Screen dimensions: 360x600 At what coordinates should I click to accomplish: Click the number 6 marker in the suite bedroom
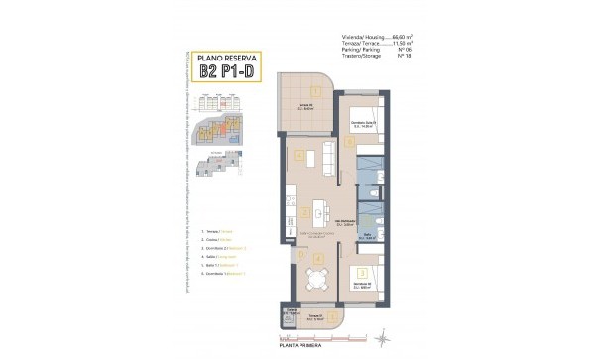(352, 141)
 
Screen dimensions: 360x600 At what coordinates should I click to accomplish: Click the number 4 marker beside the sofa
(300, 156)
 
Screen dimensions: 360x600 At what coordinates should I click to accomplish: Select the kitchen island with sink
(322, 210)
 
